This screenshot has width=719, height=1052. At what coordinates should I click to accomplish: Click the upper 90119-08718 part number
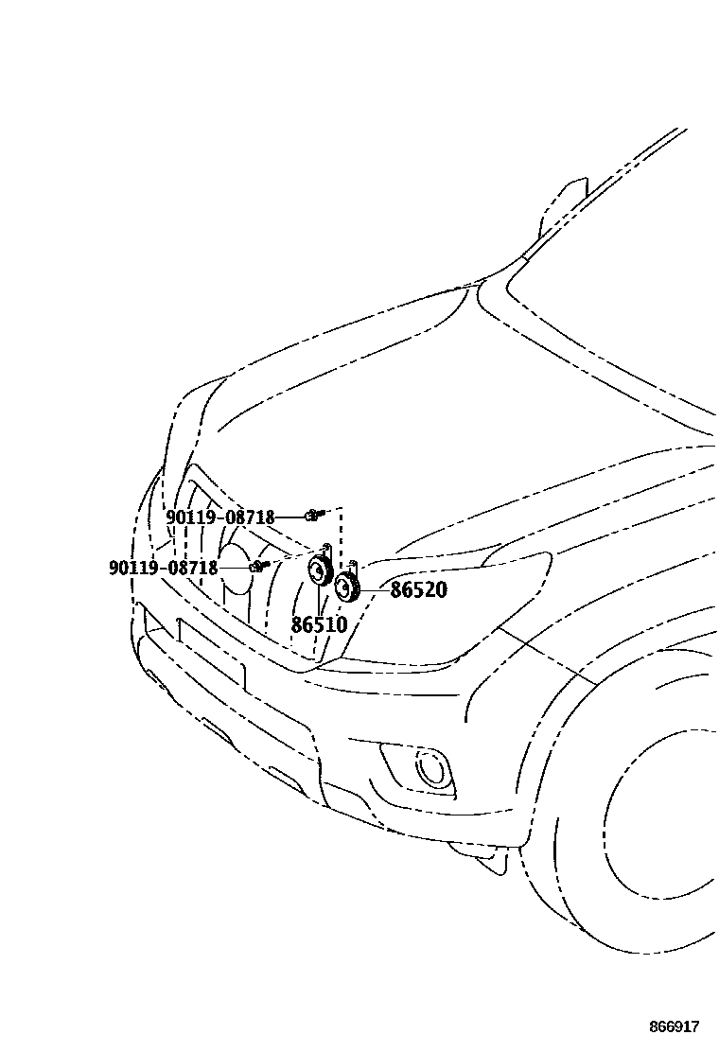219,517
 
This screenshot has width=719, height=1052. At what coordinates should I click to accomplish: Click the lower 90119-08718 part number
163,568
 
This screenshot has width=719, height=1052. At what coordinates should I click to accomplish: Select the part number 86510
319,625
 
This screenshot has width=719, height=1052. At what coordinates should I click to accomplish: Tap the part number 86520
418,590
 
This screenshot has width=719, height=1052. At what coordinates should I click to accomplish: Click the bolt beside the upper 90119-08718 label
314,515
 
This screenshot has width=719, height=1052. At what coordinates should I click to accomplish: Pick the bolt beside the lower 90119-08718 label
256,567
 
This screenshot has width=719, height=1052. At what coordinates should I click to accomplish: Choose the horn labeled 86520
347,587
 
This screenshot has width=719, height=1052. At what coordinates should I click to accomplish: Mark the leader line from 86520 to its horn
374,589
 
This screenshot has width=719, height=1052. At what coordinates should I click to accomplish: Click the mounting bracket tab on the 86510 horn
326,548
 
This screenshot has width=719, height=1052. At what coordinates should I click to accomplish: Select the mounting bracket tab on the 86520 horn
353,567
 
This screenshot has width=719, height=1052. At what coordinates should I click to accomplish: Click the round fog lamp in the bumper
433,768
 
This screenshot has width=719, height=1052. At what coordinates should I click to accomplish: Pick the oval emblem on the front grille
237,567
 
